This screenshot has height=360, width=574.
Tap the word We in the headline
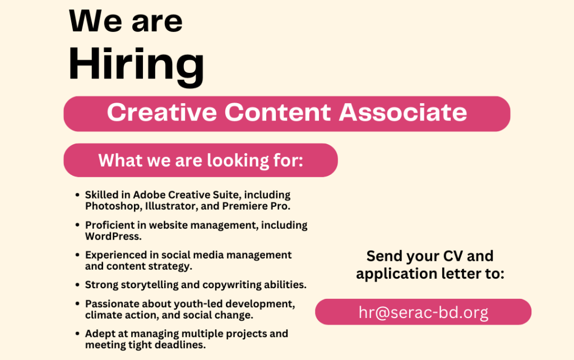[x=95, y=21]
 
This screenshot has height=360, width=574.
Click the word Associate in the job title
[x=402, y=112]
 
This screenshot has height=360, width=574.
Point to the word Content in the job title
[x=278, y=112]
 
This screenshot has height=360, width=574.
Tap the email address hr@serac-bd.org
[x=423, y=312]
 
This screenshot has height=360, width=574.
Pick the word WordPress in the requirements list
[x=113, y=237]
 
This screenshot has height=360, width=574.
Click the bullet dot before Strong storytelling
[x=77, y=285]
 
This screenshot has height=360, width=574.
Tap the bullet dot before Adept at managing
[x=77, y=334]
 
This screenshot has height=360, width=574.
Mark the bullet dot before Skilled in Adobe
[x=77, y=195]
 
